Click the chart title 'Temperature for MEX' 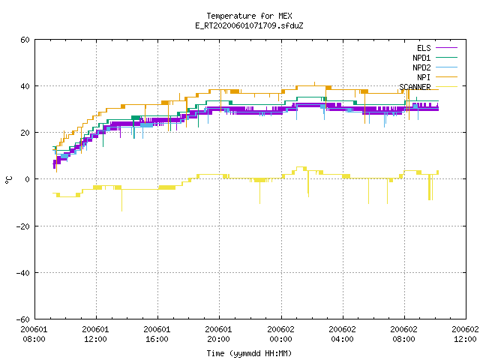(x=249, y=16)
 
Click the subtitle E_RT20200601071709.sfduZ (x=249, y=25)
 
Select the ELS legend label (x=424, y=48)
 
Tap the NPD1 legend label (x=421, y=58)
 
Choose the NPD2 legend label (x=421, y=67)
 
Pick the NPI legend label (x=424, y=77)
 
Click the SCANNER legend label (x=415, y=87)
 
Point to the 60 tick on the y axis (x=25, y=40)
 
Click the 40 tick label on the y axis (x=25, y=86)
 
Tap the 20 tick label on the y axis (x=25, y=133)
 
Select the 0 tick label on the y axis (x=28, y=179)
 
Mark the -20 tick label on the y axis (x=23, y=226)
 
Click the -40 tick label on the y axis (x=23, y=273)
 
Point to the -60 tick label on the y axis (x=23, y=319)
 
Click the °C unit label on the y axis (x=8, y=180)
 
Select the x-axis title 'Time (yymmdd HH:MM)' (x=249, y=353)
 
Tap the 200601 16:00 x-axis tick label (x=157, y=334)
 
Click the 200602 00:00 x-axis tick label (x=280, y=334)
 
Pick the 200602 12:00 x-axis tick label (x=465, y=334)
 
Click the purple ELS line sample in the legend (x=446, y=48)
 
